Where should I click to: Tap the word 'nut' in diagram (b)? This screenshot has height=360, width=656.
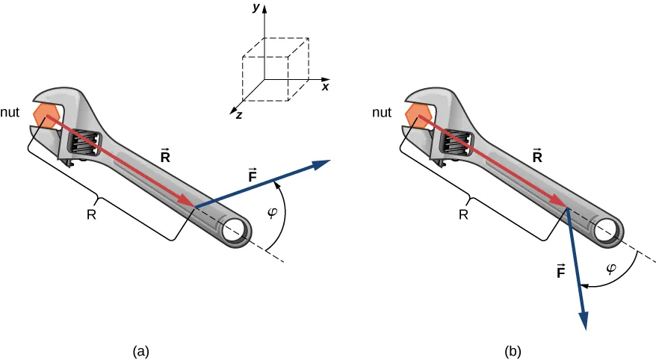coord(382,114)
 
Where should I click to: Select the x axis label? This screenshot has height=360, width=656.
coord(326,87)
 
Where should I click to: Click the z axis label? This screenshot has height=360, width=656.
coord(238,117)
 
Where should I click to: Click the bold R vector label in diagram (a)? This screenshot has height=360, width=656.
coord(166,156)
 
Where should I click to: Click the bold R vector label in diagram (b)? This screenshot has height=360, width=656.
coord(536,156)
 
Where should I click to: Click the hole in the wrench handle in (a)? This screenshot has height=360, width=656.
coord(239,229)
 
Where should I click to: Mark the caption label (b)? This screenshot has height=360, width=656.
coord(513,350)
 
